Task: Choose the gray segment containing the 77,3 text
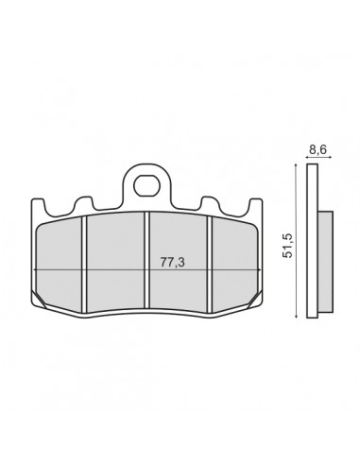[177, 284]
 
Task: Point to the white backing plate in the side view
[317, 246]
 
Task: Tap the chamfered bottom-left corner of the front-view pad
[40, 301]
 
